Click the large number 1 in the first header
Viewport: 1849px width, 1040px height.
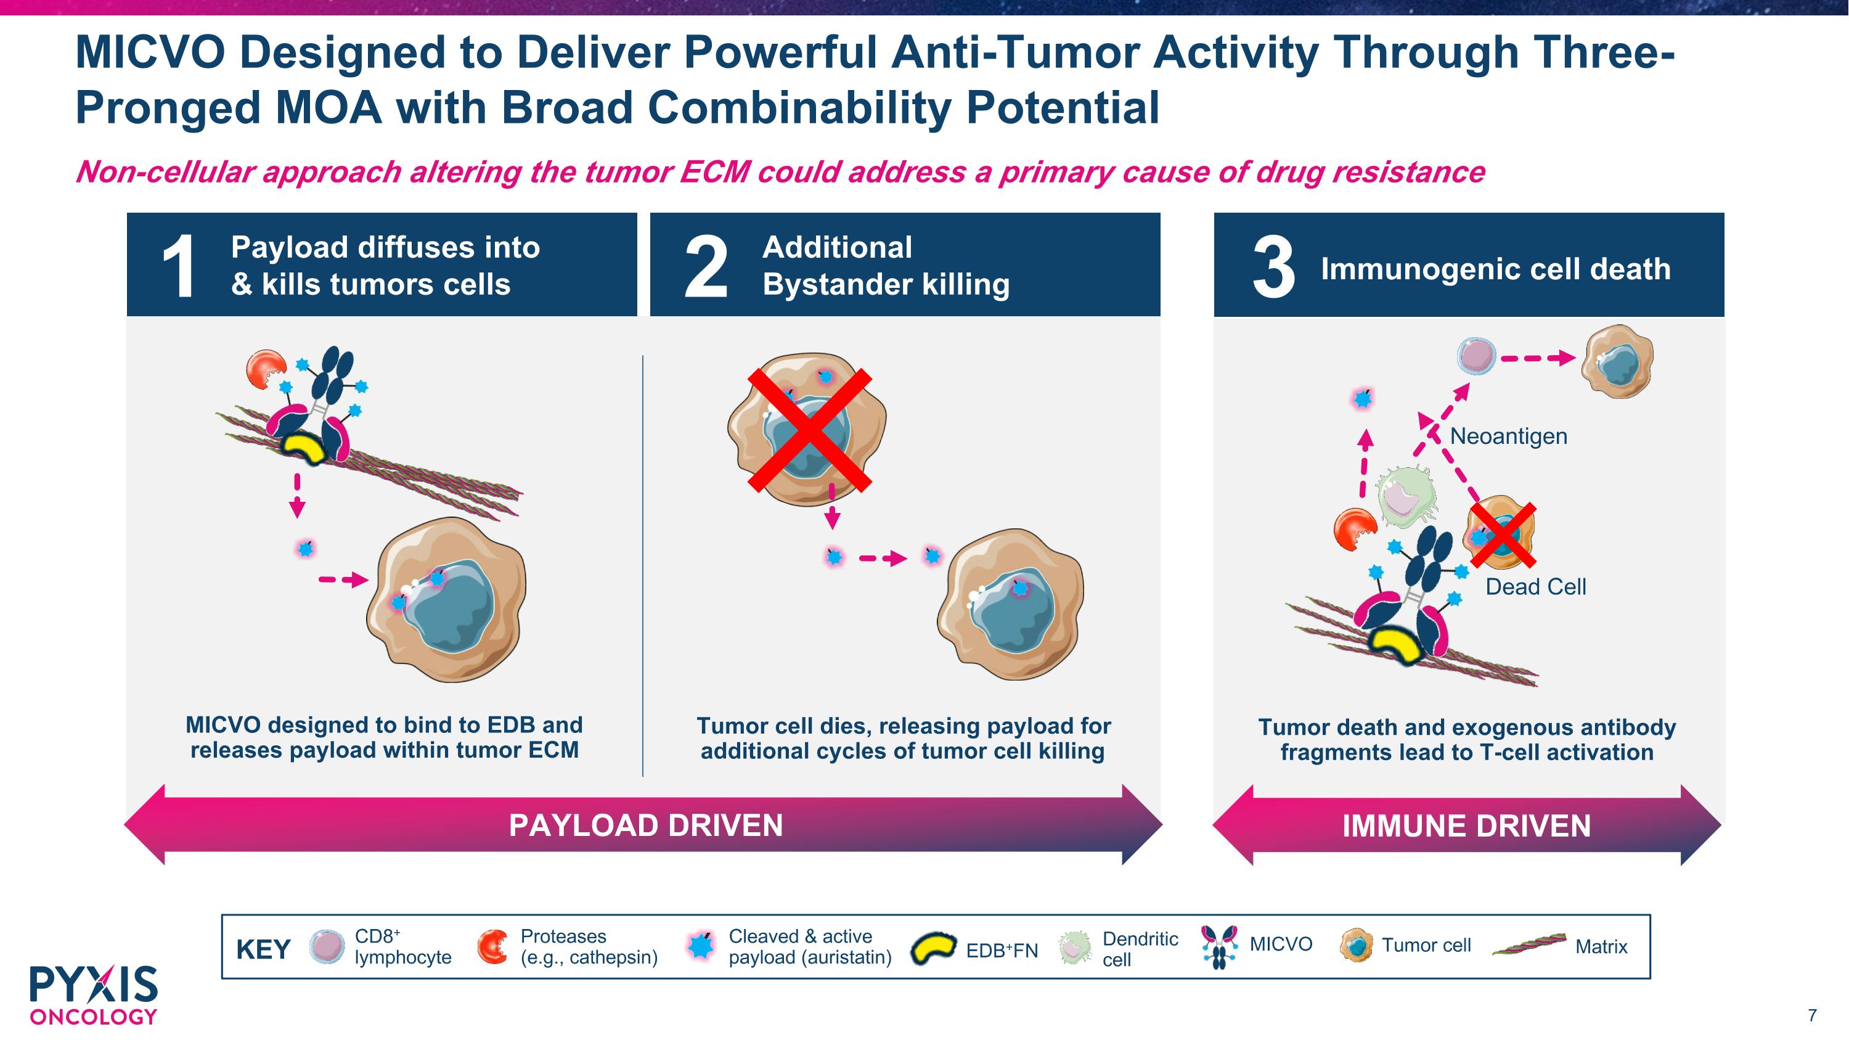click(x=179, y=267)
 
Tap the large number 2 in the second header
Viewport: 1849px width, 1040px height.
click(x=706, y=267)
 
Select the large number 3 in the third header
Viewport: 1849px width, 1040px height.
click(x=1274, y=268)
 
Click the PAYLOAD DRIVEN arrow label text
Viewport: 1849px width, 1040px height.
click(x=646, y=825)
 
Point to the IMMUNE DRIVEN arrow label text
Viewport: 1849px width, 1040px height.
click(x=1466, y=826)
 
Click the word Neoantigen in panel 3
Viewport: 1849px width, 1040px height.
click(x=1509, y=436)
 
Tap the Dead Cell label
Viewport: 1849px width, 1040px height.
click(x=1535, y=586)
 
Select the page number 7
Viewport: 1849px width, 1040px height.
click(x=1811, y=1015)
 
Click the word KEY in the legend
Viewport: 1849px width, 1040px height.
click(x=263, y=949)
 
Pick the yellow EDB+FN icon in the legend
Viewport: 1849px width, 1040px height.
click(x=933, y=949)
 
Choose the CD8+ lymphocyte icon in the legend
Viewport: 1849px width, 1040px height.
click(x=327, y=947)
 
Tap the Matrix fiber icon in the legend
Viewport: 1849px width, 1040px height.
click(x=1529, y=945)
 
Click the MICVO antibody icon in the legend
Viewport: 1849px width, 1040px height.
click(x=1218, y=947)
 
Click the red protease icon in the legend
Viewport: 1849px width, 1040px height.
click(x=493, y=947)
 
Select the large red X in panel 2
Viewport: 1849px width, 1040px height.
click(x=810, y=429)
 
